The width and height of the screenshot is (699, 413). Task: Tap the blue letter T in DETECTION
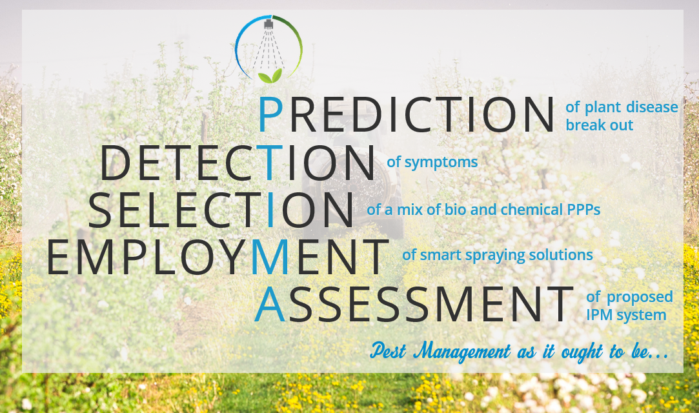tap(268, 162)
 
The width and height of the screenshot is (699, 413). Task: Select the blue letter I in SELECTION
tap(270, 209)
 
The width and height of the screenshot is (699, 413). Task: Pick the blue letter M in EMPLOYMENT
tap(270, 257)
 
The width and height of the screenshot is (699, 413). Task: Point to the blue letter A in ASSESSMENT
tap(270, 305)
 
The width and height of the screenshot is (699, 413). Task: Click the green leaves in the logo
tap(270, 76)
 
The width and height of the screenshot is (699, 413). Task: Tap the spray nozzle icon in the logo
tap(268, 24)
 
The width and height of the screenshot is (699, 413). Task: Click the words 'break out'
tap(599, 125)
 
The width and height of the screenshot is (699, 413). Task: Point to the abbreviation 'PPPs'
tap(583, 209)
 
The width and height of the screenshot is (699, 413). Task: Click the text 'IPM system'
tap(626, 316)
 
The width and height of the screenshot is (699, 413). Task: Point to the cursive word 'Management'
tap(462, 352)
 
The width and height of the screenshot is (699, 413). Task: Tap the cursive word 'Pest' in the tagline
tap(388, 350)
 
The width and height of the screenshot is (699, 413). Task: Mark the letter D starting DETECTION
tap(115, 163)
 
